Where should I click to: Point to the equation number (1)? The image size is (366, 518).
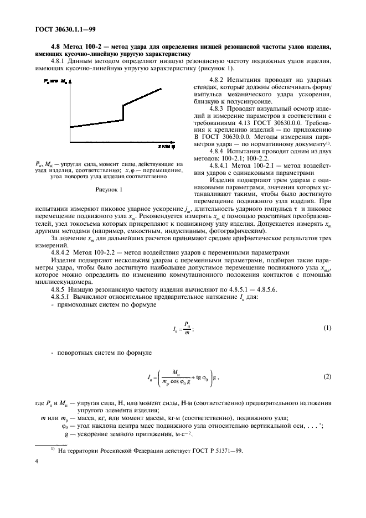[327, 328]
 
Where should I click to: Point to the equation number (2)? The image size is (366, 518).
[327, 377]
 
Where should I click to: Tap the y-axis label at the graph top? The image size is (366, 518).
[55, 81]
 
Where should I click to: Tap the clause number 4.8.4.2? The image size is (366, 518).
[63, 252]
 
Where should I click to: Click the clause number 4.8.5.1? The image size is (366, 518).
[63, 297]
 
